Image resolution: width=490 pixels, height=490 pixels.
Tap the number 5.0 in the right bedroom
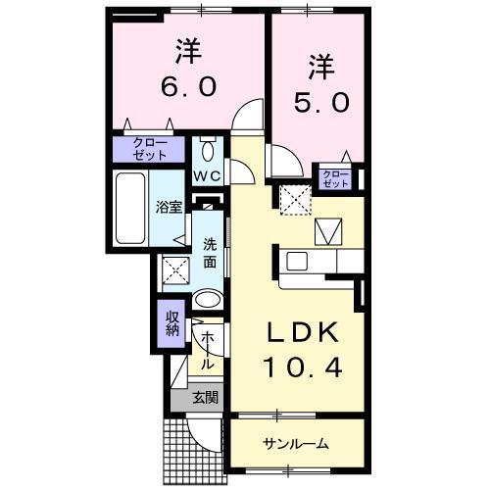click(x=318, y=100)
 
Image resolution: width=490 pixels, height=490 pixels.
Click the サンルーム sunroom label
click(x=295, y=444)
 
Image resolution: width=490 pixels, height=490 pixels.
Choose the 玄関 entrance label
click(x=205, y=397)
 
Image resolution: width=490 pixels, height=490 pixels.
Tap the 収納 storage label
click(x=172, y=324)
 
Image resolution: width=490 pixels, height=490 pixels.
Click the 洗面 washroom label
click(x=210, y=253)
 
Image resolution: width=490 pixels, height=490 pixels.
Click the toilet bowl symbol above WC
click(x=207, y=150)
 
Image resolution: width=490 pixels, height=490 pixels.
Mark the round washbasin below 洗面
click(x=208, y=299)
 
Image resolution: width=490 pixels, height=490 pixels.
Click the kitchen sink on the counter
click(x=297, y=261)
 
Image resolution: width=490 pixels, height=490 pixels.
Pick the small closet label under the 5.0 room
click(x=335, y=178)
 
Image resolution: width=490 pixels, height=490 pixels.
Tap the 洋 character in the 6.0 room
click(x=187, y=49)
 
